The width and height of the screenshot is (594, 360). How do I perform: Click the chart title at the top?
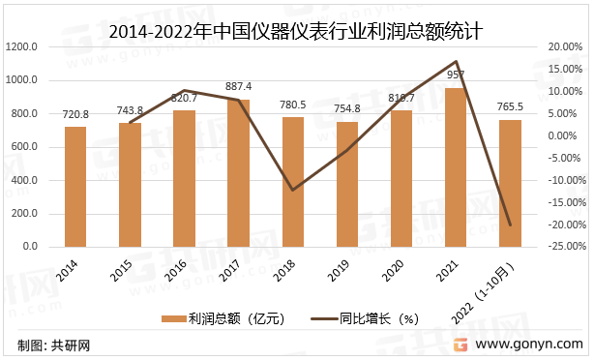click(x=296, y=32)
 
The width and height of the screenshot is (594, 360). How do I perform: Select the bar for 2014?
click(x=75, y=187)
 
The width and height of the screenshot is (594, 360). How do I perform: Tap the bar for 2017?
click(x=238, y=173)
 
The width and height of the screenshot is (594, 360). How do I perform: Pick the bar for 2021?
click(x=455, y=167)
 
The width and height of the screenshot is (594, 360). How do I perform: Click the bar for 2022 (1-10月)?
click(x=509, y=184)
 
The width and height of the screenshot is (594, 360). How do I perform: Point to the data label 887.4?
click(x=238, y=87)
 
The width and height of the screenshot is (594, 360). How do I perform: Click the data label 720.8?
click(x=75, y=114)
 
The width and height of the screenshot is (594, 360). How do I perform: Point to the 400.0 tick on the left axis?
click(x=25, y=180)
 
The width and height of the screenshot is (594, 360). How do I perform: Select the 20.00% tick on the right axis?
click(x=564, y=46)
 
